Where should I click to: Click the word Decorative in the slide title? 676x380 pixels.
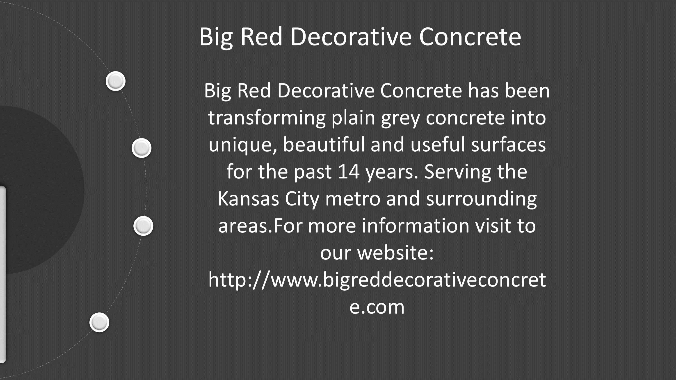pyautogui.click(x=351, y=37)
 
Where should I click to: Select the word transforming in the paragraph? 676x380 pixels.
pyautogui.click(x=267, y=118)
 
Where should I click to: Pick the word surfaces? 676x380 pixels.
pyautogui.click(x=508, y=145)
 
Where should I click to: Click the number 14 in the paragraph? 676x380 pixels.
pyautogui.click(x=349, y=172)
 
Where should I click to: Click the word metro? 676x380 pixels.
pyautogui.click(x=352, y=199)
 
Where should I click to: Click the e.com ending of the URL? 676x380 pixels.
pyautogui.click(x=377, y=307)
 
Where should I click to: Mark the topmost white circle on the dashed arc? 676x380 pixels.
pyautogui.click(x=115, y=81)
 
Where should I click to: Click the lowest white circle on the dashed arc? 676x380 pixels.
pyautogui.click(x=99, y=322)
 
